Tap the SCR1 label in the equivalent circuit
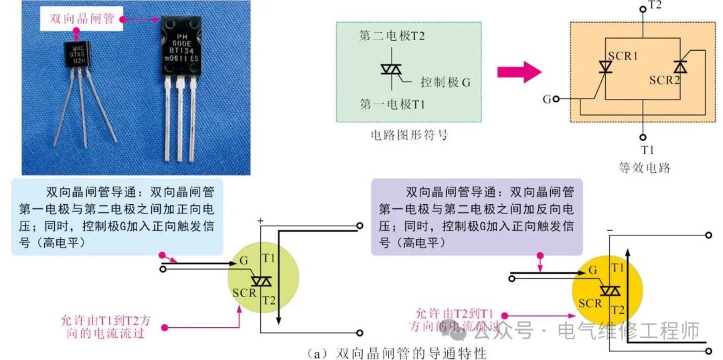tap(622, 56)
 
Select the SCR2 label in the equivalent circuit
tap(665, 80)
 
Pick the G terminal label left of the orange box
tap(547, 99)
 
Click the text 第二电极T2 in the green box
tap(392, 36)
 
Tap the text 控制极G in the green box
tap(446, 82)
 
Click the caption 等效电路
tap(645, 167)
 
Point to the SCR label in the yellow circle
tap(590, 303)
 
